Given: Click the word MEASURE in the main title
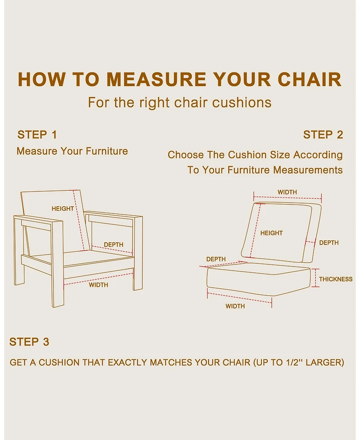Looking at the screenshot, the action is point(157,79).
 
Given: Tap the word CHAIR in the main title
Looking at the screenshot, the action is point(310,79).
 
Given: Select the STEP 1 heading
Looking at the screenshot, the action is point(37,135).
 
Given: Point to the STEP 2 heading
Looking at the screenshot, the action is point(323,135).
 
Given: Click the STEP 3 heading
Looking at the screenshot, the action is point(29,342).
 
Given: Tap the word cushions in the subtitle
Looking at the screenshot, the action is point(242,103).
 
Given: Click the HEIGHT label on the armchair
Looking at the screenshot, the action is point(63,208).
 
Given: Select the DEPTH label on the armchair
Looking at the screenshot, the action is point(114,244).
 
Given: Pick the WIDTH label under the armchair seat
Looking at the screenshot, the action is point(99,285).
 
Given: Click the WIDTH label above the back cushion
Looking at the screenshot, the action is point(288,192).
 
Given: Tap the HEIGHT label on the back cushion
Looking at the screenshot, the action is point(271,233).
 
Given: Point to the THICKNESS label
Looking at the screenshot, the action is point(336,279).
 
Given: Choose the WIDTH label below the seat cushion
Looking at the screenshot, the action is point(235,306).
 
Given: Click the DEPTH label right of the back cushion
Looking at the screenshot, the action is point(329,242).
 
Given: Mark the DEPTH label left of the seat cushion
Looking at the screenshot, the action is point(216,259).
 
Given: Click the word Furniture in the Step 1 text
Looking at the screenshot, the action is point(107,151).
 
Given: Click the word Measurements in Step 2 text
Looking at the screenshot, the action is point(308,170).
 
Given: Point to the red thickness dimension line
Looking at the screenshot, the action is point(315,278).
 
